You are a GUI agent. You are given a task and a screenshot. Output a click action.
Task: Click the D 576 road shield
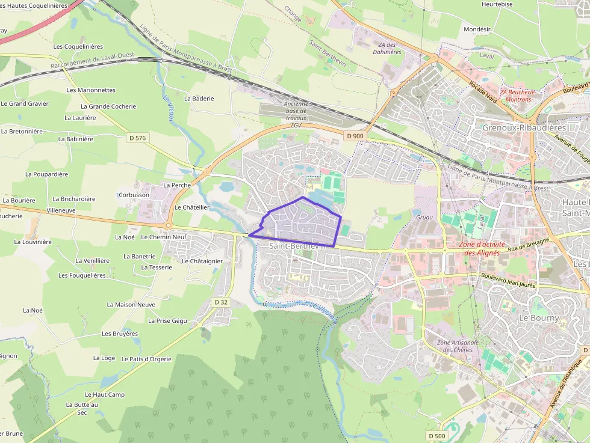pos(137,138)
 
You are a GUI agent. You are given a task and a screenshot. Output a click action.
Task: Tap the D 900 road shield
pos(355,136)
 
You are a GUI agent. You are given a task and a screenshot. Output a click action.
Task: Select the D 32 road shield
pos(221,302)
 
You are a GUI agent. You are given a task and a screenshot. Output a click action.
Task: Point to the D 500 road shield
pos(438,435)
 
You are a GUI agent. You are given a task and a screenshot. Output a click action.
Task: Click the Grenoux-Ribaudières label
pos(524,127)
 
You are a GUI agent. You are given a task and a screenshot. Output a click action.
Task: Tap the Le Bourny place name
pos(539,317)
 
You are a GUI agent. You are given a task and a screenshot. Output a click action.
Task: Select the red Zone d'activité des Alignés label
pos(479,249)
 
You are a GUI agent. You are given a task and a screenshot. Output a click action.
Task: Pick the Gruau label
pos(424,217)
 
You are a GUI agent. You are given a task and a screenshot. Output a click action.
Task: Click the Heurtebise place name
pos(497,4)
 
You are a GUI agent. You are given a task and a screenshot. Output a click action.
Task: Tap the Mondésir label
pos(477,29)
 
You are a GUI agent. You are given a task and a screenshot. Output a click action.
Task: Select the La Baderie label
pos(199,98)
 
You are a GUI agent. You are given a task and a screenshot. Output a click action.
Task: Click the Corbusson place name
pos(134,195)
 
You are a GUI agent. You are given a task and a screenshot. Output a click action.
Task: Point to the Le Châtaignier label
pos(202,261)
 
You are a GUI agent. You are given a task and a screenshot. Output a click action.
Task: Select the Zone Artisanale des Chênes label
pos(456,346)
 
